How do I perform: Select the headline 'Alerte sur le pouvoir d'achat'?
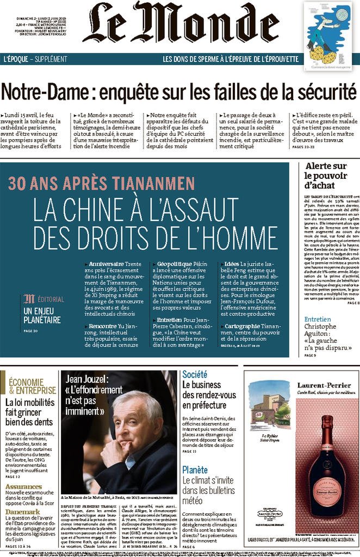click(326, 176)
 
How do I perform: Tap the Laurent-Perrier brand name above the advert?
click(301, 385)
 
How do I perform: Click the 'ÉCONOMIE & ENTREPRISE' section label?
click(32, 386)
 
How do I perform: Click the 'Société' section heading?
click(195, 374)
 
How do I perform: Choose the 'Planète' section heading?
click(195, 470)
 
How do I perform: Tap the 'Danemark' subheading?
click(22, 512)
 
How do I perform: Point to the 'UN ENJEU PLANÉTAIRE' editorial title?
click(42, 316)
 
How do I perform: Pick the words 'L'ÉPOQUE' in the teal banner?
click(16, 59)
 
